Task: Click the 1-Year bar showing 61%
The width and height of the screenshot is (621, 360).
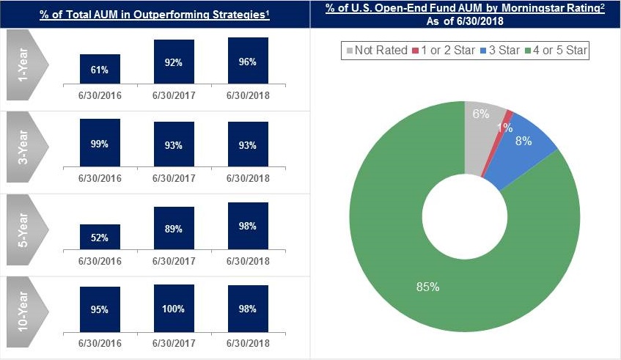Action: [x=100, y=69]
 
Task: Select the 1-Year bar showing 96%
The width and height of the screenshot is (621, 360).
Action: [x=248, y=62]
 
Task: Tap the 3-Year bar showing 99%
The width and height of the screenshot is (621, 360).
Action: [x=100, y=144]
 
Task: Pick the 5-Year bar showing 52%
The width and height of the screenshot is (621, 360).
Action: [x=100, y=237]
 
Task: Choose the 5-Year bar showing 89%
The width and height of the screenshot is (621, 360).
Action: [x=174, y=228]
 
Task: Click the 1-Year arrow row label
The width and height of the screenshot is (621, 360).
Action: [x=26, y=69]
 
